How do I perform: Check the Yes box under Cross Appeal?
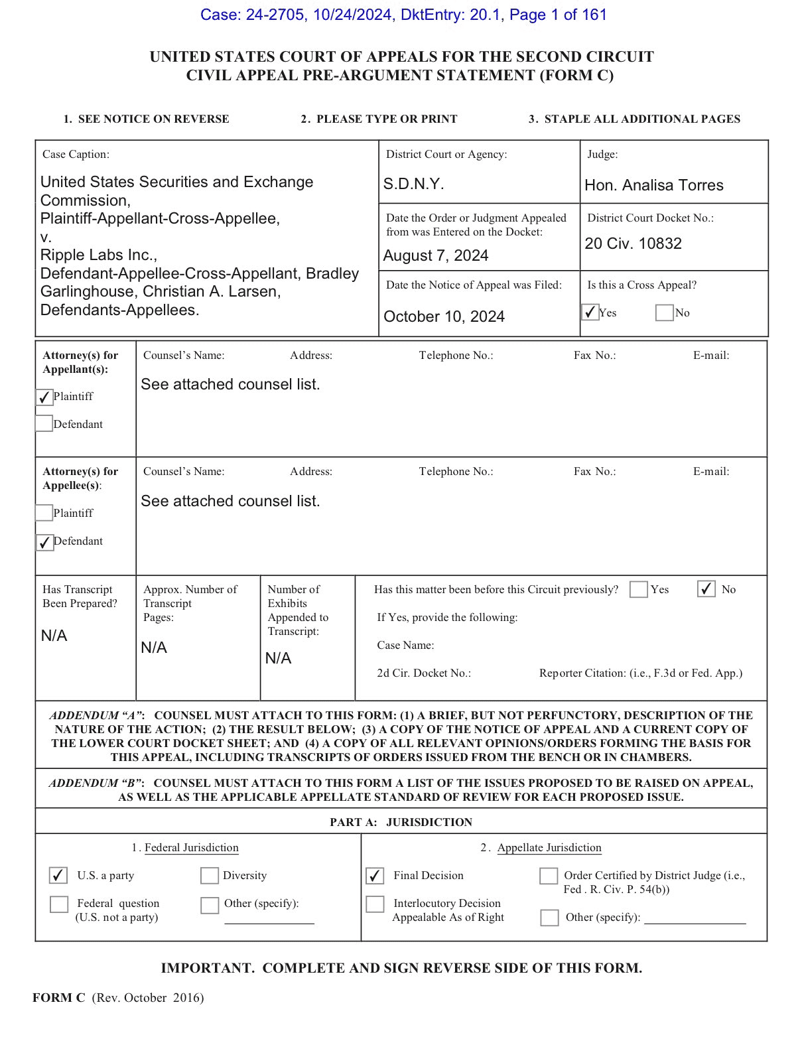click(590, 312)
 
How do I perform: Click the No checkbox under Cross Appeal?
click(664, 312)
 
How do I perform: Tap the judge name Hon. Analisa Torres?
click(653, 186)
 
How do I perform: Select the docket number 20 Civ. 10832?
click(633, 243)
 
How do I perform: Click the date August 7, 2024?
click(435, 256)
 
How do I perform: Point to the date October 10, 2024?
click(444, 316)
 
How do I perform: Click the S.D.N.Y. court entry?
click(413, 184)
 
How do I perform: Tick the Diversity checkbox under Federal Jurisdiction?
click(209, 876)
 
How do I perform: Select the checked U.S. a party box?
click(58, 876)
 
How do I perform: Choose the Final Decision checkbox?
click(375, 876)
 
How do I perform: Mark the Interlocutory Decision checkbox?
click(375, 904)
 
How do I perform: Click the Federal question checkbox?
click(59, 904)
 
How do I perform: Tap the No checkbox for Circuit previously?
click(706, 589)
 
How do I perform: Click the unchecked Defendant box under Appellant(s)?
click(44, 423)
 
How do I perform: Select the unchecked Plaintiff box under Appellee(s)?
click(44, 513)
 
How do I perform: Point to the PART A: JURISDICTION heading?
click(401, 822)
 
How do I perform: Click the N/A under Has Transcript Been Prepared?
click(54, 636)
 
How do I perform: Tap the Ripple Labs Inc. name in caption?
click(98, 255)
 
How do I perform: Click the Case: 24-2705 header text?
click(252, 15)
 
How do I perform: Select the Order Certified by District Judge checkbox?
click(548, 876)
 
